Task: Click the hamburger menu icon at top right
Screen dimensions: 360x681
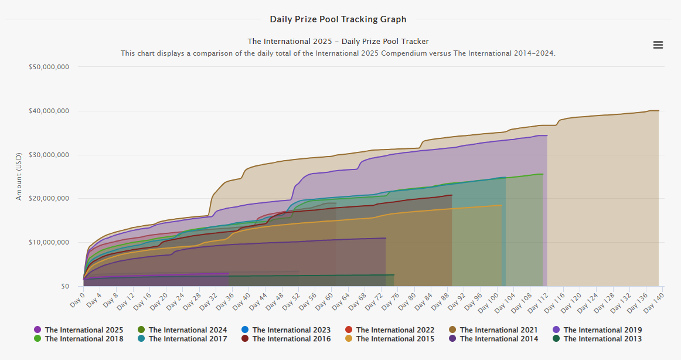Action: (x=658, y=45)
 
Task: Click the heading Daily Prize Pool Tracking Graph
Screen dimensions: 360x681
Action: (x=338, y=19)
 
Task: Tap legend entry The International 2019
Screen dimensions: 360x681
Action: (x=602, y=330)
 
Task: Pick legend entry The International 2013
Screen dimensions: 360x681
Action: (x=602, y=339)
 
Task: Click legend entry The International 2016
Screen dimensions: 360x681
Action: (x=291, y=339)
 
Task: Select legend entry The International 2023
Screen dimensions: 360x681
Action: (x=291, y=330)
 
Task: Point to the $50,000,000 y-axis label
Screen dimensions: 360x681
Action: (x=49, y=67)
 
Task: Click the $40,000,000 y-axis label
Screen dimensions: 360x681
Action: (x=49, y=111)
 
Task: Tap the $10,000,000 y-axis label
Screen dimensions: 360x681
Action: (x=49, y=242)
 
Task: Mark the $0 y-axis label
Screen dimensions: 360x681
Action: (x=66, y=286)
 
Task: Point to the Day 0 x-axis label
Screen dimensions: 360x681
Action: (x=76, y=298)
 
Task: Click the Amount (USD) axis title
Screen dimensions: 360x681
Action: (x=19, y=176)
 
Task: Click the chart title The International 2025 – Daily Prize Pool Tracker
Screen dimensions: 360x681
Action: (x=338, y=42)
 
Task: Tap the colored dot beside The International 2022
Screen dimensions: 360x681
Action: (x=349, y=330)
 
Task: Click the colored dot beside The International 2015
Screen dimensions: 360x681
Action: (x=349, y=339)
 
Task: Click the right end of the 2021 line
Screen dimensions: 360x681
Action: (x=659, y=111)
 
